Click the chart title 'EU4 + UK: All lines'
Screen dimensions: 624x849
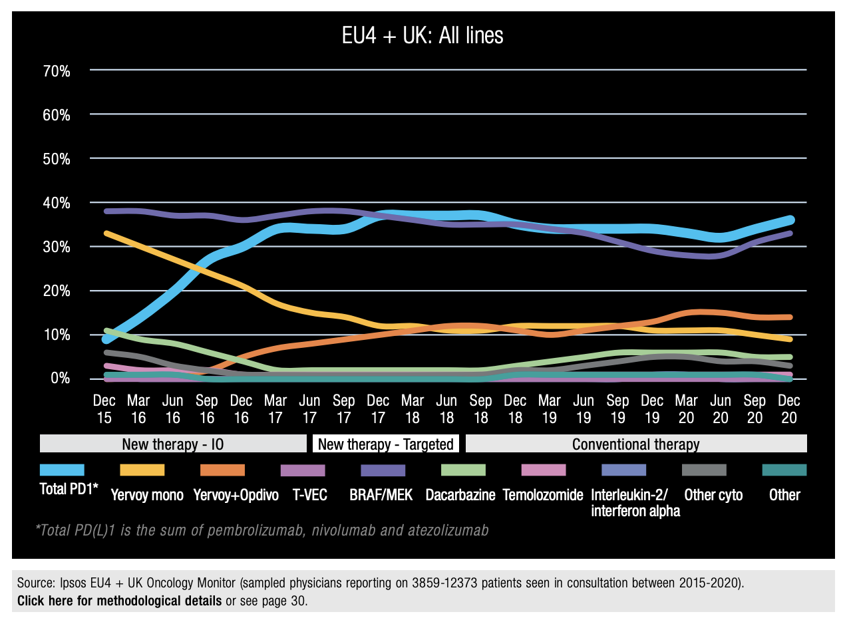(423, 36)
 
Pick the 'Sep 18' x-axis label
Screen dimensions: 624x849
(481, 409)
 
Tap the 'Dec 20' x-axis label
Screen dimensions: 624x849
(789, 409)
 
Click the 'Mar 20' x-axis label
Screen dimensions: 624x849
(687, 409)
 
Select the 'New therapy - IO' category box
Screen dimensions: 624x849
(173, 444)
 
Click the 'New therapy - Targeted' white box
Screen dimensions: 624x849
(386, 444)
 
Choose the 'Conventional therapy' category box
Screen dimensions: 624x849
(636, 444)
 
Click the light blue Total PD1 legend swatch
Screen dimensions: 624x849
(62, 470)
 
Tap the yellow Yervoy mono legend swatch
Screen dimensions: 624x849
(142, 470)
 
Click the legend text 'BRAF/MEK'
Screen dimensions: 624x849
(381, 496)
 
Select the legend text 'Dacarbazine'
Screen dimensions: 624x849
(460, 496)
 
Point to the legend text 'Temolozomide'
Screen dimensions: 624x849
(543, 496)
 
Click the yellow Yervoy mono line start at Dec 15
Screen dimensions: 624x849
(106, 234)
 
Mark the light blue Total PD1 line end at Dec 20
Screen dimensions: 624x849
(790, 220)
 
